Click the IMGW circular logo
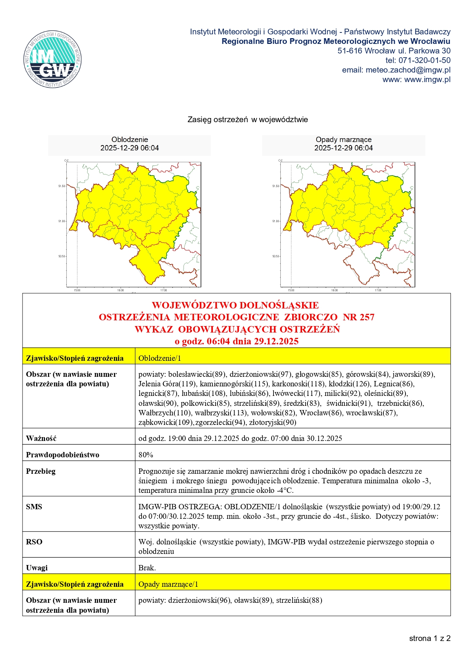tap(53, 59)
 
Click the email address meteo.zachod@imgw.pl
tap(408, 70)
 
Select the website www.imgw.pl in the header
tap(427, 79)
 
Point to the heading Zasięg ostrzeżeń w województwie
tap(248, 119)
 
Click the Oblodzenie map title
tap(130, 140)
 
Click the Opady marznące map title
tap(343, 140)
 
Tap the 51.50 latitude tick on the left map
tap(61, 186)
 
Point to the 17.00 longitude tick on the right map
tap(378, 290)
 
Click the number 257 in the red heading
tap(366, 317)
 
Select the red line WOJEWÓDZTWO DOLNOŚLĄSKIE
tap(235, 305)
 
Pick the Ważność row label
tap(41, 438)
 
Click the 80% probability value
tap(146, 455)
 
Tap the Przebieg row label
tap(40, 471)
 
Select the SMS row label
tap(34, 507)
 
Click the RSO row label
tap(34, 542)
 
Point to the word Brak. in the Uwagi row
tap(147, 568)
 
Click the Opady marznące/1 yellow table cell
tap(168, 584)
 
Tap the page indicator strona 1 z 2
tap(430, 638)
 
